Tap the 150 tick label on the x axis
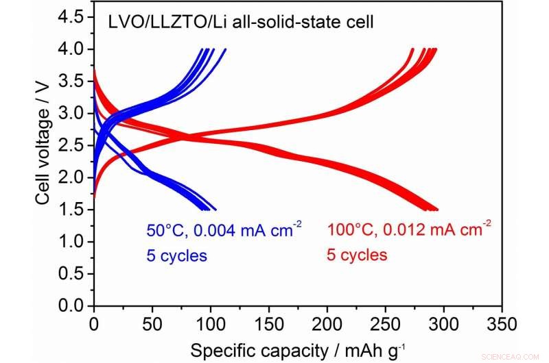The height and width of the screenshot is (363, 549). tap(269, 323)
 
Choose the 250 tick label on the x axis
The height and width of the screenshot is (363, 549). tap(386, 323)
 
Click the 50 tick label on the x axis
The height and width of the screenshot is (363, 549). tap(152, 323)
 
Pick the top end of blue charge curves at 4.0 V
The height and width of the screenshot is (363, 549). tap(210, 50)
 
